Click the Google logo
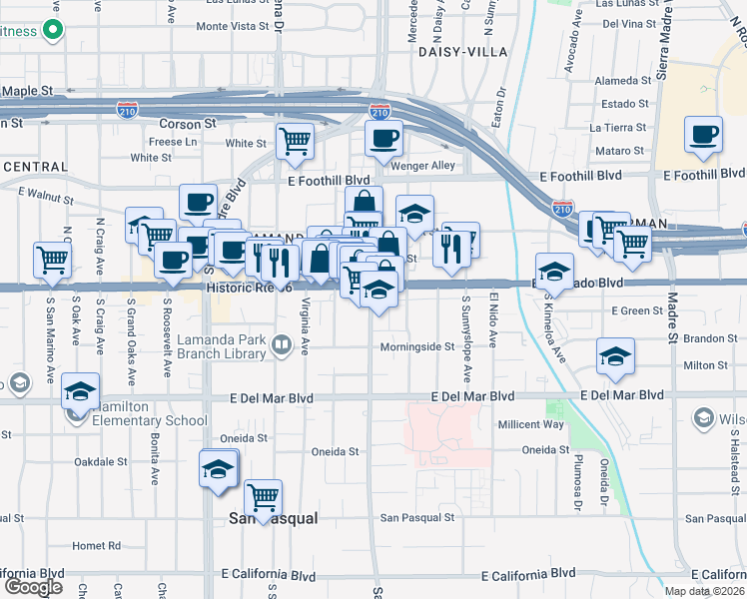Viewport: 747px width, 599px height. [x=33, y=587]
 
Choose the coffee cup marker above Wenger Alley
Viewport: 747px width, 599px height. [x=382, y=139]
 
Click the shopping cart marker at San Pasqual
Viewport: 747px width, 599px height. [x=263, y=496]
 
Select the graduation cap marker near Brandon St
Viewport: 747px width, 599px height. [x=615, y=356]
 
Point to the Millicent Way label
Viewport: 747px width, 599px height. [x=531, y=424]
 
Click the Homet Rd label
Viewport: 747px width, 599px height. [x=96, y=546]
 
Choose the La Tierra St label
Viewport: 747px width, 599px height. [x=619, y=128]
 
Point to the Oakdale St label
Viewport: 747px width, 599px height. [x=101, y=462]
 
